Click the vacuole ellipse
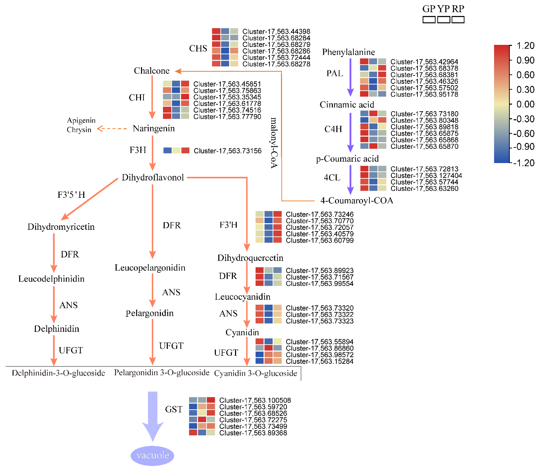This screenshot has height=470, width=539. [x=152, y=455]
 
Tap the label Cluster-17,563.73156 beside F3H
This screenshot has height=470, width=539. [x=227, y=151]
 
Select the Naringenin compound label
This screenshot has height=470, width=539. [x=154, y=128]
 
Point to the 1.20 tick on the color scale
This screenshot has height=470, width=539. [x=525, y=46]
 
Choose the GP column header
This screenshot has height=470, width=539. [x=429, y=9]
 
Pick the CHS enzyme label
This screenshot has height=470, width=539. [x=198, y=49]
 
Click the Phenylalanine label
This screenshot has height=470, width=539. [x=348, y=52]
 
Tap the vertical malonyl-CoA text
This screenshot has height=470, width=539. [x=274, y=143]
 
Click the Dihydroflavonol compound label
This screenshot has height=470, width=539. [x=153, y=178]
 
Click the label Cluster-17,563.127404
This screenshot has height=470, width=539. [x=426, y=175]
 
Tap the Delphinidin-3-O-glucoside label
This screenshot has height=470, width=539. [x=58, y=373]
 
